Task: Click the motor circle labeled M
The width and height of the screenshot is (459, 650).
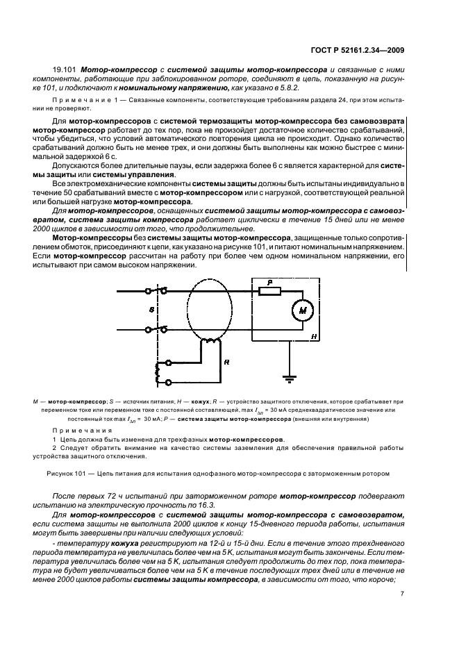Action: (302, 311)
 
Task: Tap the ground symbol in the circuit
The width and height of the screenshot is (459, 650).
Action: (287, 378)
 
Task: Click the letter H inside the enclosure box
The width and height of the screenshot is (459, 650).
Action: (314, 335)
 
